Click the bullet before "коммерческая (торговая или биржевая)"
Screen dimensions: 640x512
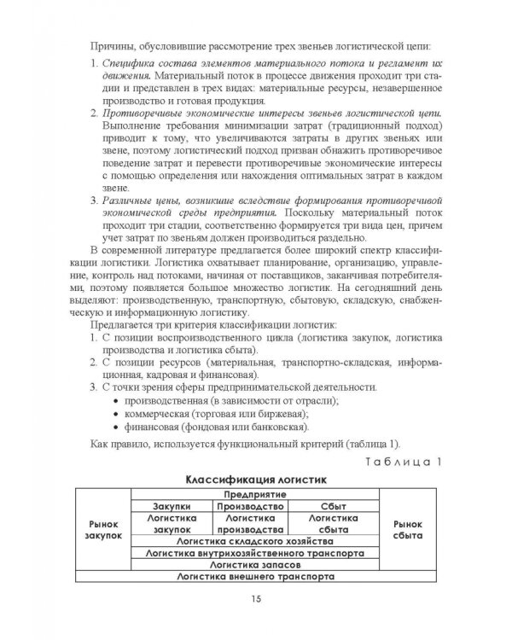[116, 413]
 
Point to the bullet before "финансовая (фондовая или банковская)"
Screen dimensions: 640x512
[116, 427]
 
